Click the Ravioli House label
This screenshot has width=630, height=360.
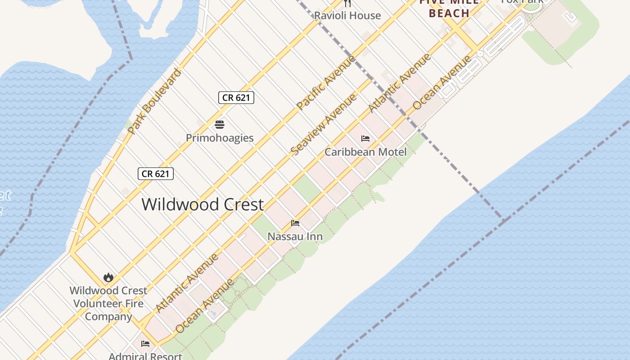[347, 16]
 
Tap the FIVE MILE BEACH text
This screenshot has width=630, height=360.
[449, 9]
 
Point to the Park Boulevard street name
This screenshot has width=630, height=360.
[154, 101]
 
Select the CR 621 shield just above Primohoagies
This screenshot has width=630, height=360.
[236, 98]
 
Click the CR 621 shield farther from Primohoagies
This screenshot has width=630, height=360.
[156, 174]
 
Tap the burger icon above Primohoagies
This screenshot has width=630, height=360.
[220, 125]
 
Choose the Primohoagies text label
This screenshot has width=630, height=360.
[220, 138]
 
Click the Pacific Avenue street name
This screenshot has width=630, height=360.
[326, 82]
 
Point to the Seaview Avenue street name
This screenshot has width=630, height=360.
[324, 125]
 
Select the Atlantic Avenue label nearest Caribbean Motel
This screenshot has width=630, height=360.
[399, 83]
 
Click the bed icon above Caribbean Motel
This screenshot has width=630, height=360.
[365, 139]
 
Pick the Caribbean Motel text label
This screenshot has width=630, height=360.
[365, 152]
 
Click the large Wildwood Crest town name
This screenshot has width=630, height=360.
[202, 205]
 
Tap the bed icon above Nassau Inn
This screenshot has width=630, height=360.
[295, 223]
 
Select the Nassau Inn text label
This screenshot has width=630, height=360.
[295, 236]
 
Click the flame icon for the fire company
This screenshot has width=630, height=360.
[108, 277]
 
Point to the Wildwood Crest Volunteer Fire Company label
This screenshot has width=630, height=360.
[108, 303]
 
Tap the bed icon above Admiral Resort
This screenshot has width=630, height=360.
[145, 344]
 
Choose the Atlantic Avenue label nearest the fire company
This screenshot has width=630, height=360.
[187, 283]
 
